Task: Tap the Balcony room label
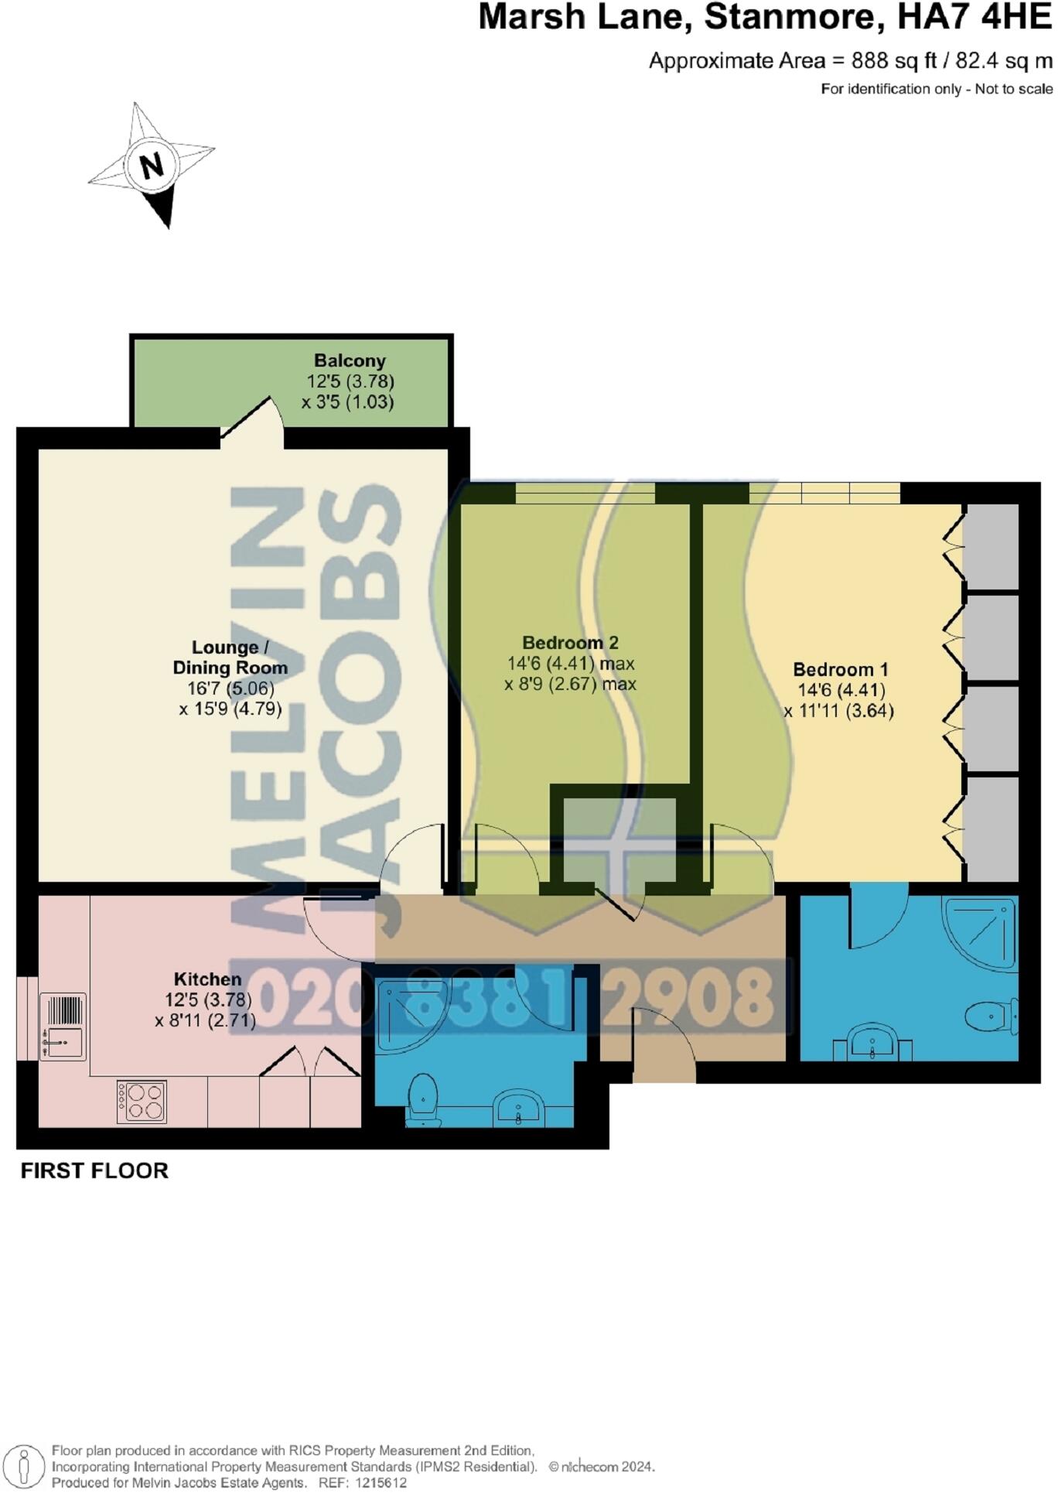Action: [350, 360]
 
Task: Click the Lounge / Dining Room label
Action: [230, 658]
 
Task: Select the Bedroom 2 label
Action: [570, 643]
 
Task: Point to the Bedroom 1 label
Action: [841, 669]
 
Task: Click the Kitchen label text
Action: [207, 979]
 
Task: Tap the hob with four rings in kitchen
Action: [142, 1102]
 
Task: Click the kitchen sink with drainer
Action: [62, 1027]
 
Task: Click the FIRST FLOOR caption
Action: [94, 1171]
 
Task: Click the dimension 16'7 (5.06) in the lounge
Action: [230, 688]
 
